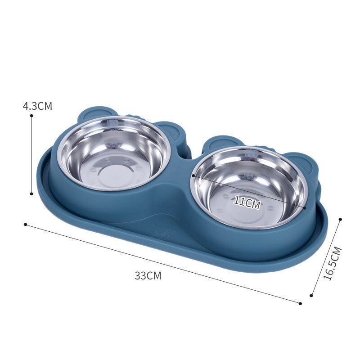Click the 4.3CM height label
[x=37, y=106]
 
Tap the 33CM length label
[x=148, y=276]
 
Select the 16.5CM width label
[x=333, y=264]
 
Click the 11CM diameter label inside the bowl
[x=247, y=202]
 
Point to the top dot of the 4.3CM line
[x=31, y=116]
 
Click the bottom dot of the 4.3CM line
[x=31, y=193]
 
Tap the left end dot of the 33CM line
[x=26, y=224]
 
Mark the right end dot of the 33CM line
[x=300, y=303]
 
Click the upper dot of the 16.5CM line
[x=340, y=219]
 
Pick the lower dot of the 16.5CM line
[x=311, y=296]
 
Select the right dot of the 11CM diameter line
[x=305, y=208]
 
